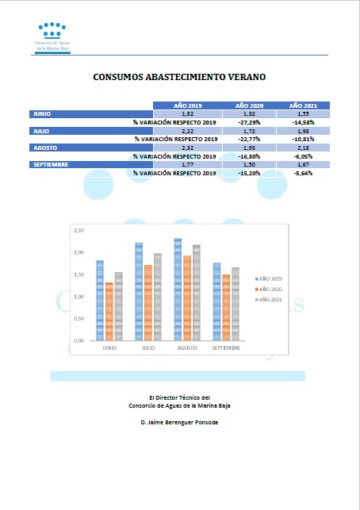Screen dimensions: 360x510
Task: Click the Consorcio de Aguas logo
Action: click(x=52, y=38)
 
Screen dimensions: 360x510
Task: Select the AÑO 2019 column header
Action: click(x=188, y=105)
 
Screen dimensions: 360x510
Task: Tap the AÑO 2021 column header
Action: click(x=303, y=105)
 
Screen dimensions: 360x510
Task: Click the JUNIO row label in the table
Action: click(x=42, y=114)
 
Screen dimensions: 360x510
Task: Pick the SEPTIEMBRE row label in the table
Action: click(x=51, y=164)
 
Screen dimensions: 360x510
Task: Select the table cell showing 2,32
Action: click(x=188, y=148)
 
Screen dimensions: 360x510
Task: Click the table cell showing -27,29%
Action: click(x=249, y=123)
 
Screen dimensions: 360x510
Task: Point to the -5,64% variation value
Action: click(x=303, y=174)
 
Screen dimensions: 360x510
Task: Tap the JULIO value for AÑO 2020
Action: click(x=249, y=132)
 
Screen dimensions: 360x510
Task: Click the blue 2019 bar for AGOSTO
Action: click(x=178, y=290)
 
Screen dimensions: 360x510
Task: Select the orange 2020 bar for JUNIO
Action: click(x=109, y=312)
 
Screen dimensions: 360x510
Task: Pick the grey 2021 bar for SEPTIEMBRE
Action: click(x=236, y=304)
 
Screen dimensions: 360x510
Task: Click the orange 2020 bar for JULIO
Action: click(x=148, y=303)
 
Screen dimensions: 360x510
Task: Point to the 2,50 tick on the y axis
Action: click(x=79, y=230)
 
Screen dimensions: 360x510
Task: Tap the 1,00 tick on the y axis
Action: click(x=79, y=297)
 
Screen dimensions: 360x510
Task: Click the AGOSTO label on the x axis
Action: click(x=187, y=347)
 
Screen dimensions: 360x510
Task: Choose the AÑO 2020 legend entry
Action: click(x=269, y=290)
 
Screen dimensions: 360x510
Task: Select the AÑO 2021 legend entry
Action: click(x=269, y=300)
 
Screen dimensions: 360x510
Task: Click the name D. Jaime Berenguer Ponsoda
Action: click(x=179, y=422)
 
